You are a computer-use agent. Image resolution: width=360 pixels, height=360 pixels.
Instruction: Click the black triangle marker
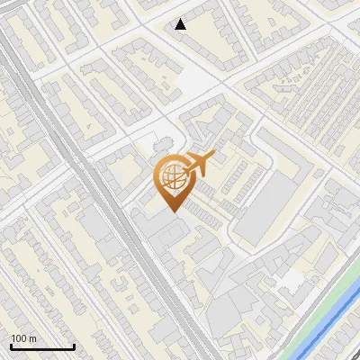pyautogui.click(x=181, y=24)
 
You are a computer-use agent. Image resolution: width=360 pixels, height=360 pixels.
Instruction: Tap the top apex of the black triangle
pyautogui.click(x=181, y=19)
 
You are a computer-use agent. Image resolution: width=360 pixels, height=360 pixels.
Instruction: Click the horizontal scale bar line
pyautogui.click(x=42, y=346)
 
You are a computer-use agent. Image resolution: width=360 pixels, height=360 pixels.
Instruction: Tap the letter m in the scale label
pyautogui.click(x=33, y=338)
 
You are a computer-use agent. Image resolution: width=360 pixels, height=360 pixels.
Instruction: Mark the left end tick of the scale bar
pyautogui.click(x=11, y=345)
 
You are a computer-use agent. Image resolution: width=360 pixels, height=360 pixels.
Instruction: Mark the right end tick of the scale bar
pyautogui.click(x=74, y=345)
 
